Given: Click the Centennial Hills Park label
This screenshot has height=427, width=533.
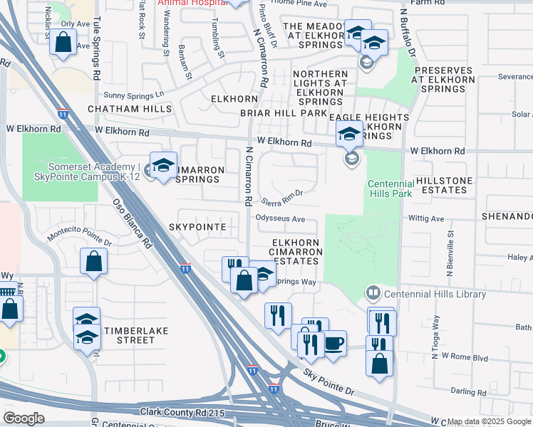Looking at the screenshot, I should click(390, 188).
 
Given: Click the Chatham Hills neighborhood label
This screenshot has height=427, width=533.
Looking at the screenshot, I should click(130, 109).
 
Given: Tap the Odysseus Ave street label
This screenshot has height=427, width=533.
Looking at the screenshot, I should click(280, 218).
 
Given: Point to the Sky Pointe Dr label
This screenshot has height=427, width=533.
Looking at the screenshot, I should click(328, 381).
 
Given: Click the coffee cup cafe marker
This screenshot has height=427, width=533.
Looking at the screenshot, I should click(333, 344).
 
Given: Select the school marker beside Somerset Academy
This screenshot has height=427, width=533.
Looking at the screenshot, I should click(163, 166).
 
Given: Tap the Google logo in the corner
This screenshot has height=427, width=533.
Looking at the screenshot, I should click(24, 418).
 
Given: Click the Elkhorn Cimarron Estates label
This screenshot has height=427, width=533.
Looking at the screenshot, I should click(297, 252).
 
